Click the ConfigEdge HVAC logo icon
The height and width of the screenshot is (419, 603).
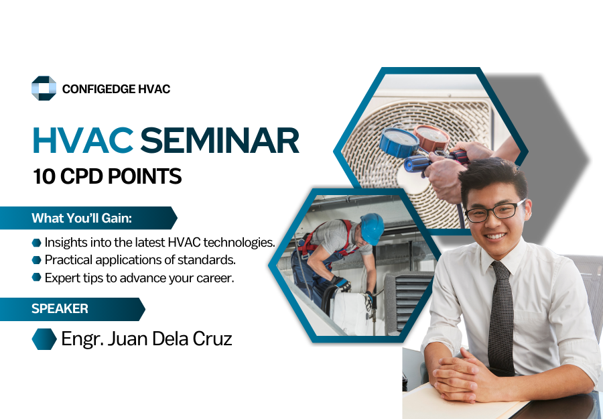point(44,88)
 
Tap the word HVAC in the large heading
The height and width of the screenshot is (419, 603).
point(83,140)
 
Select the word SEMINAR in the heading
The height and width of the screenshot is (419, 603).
point(220,140)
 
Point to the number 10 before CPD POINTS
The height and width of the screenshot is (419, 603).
point(44,176)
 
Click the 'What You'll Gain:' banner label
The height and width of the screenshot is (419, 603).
point(82,218)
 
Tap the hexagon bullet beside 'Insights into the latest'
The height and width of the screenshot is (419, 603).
point(37,243)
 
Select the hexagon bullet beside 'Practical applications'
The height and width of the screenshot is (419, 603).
point(37,260)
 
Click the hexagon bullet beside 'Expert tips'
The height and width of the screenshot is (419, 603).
point(37,277)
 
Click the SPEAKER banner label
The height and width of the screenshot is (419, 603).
point(60,308)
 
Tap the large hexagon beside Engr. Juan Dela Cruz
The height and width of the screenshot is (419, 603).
point(44,339)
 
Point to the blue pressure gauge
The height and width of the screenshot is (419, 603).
point(399,142)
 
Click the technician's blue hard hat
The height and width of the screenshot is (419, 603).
point(373,228)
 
